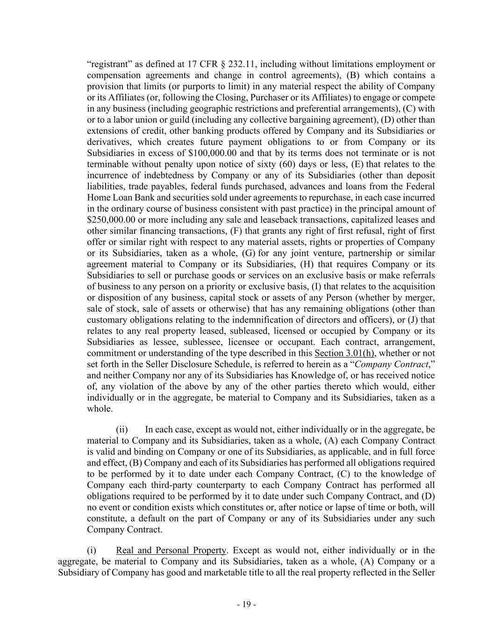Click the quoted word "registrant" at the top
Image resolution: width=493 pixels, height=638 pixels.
[x=107, y=64]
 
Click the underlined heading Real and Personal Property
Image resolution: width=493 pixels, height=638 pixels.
[x=171, y=550]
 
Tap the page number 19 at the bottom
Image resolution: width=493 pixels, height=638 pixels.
[x=246, y=604]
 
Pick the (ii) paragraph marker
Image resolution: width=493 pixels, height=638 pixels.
[x=121, y=429]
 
